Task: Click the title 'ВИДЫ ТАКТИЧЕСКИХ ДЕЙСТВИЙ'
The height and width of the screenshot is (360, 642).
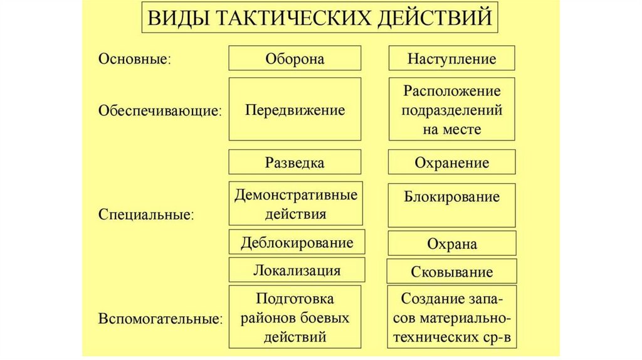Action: (319, 18)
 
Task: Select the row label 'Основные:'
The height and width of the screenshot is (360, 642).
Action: (135, 60)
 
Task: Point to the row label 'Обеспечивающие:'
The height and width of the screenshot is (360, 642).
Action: (160, 110)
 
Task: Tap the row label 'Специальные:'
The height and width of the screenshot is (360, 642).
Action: (146, 214)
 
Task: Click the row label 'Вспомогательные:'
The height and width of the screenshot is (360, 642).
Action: (160, 319)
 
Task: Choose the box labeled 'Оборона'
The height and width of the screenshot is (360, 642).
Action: (295, 59)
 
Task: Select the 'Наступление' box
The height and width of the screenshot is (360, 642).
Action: (451, 59)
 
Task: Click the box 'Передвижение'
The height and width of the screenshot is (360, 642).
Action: (295, 110)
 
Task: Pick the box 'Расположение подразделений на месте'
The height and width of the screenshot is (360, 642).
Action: (451, 110)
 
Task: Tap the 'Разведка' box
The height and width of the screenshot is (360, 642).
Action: (295, 162)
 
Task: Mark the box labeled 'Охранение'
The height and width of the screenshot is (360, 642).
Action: (451, 162)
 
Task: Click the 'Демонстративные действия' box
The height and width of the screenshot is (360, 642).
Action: (295, 204)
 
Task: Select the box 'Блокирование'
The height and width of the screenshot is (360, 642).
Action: (451, 204)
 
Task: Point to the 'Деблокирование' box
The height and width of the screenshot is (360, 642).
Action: (295, 243)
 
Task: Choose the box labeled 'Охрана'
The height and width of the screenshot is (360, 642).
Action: (451, 243)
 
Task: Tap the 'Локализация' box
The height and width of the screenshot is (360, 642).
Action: (296, 270)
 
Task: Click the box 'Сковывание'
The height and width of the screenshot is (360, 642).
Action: (451, 272)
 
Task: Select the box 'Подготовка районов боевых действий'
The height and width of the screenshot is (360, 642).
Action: (295, 317)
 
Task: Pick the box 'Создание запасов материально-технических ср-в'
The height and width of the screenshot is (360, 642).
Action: (451, 317)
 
